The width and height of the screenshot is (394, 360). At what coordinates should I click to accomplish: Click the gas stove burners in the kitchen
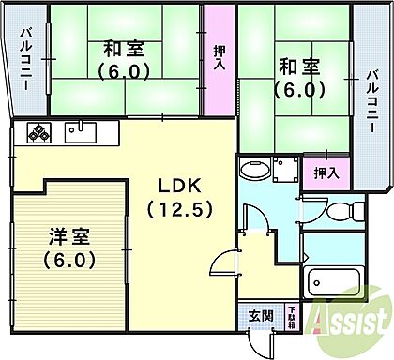pyautogui.click(x=38, y=133)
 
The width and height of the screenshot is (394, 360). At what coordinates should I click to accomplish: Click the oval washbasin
pyautogui.click(x=252, y=171)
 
